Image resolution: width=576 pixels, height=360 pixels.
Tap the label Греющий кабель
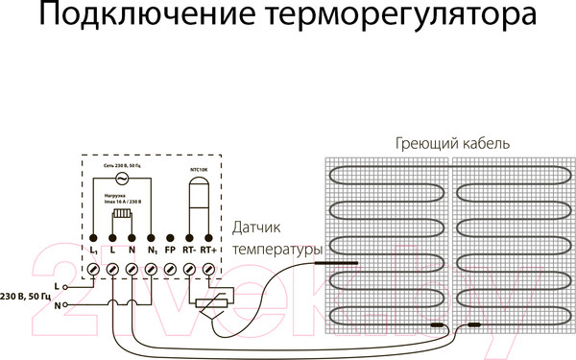click(451, 142)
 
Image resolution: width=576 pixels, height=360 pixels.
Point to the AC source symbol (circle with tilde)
click(123, 179)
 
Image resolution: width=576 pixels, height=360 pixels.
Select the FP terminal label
click(170, 251)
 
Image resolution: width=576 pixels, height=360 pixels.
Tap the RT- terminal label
click(189, 251)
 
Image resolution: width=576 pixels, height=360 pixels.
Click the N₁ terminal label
click(152, 251)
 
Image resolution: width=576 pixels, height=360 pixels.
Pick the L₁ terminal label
click(95, 251)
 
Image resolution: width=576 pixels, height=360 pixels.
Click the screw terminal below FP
click(170, 272)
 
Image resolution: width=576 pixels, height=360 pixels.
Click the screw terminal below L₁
click(95, 272)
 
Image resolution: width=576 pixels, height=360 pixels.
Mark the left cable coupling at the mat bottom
click(438, 325)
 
